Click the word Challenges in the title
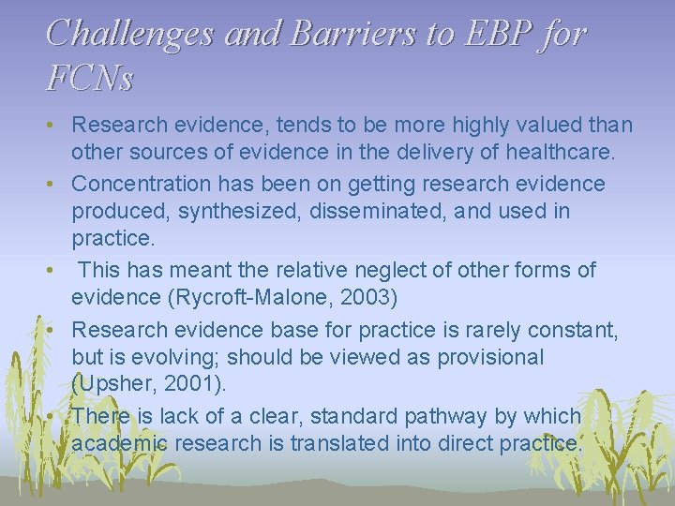tap(130, 34)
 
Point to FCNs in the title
tap(89, 78)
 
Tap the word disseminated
tap(414, 212)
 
